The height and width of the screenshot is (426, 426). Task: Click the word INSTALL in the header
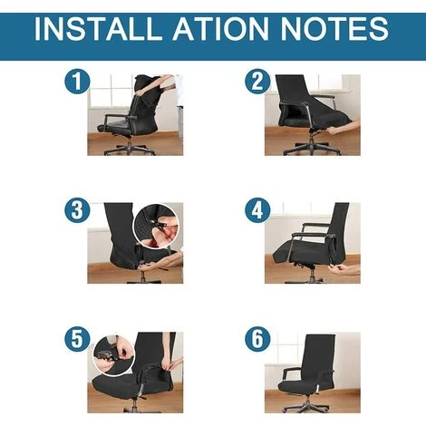pos(98,29)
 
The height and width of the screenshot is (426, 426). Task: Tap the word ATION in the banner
pos(220,29)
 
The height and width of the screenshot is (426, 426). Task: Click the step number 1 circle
pos(77,82)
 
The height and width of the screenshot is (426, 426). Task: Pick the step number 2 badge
pos(257,82)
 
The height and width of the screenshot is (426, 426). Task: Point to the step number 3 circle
pos(77,210)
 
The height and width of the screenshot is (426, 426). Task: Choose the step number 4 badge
pos(257,210)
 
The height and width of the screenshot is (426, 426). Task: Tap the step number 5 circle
pos(77,339)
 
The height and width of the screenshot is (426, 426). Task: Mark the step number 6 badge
pos(257,339)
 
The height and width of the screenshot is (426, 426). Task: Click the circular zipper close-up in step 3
pos(157,226)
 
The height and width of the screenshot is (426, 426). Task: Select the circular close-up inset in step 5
pos(113,355)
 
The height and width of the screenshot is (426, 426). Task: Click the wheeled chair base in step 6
pos(307,405)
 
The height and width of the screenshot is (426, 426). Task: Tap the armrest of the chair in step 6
pos(291,372)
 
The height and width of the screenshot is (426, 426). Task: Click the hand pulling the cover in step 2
pos(344,129)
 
